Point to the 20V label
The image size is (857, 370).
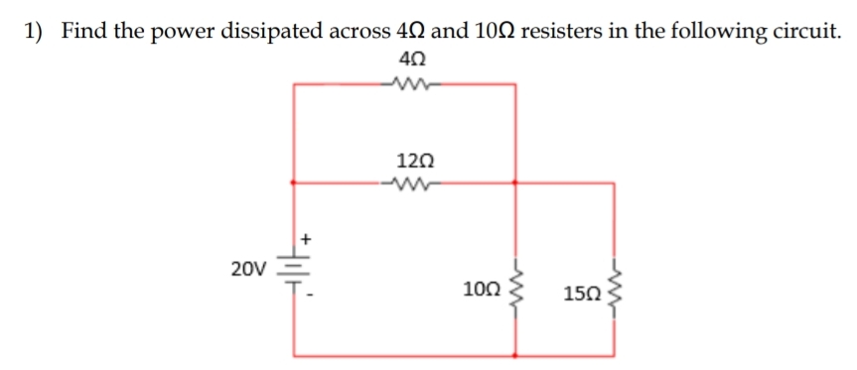click(x=247, y=269)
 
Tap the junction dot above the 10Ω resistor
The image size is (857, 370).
click(x=514, y=183)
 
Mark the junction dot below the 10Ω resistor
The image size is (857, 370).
click(x=514, y=354)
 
